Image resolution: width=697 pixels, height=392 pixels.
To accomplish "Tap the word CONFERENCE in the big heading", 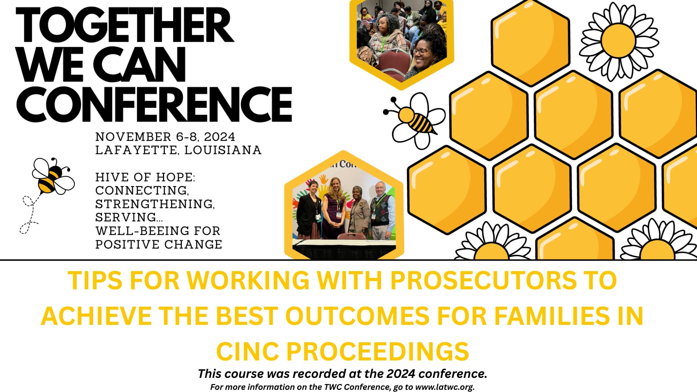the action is pos(154,104).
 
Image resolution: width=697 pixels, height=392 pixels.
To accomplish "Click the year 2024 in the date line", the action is pos(219,137).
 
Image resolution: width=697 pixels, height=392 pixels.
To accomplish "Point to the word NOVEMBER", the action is pos(133,137).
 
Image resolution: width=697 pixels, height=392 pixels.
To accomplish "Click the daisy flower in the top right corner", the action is pos(618,40).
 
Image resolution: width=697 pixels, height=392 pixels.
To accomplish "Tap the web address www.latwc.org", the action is pos(444,387).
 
